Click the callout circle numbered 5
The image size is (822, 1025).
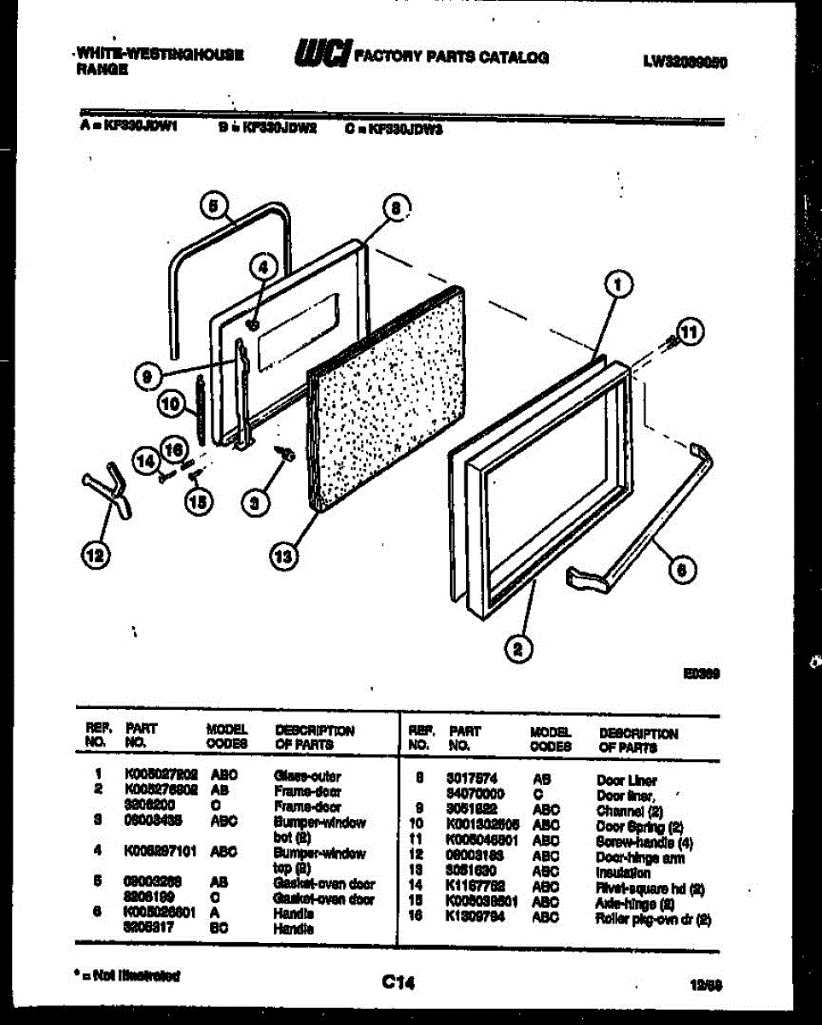coord(213,205)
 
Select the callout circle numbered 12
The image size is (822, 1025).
coord(96,556)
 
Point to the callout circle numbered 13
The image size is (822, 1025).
coord(283,556)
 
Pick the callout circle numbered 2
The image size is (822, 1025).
coord(517,649)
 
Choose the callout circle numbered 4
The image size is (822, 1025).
coord(264,267)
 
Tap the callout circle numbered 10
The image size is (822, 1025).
coord(172,404)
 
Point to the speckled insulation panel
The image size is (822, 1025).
coord(388,397)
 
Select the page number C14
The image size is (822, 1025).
coord(397,984)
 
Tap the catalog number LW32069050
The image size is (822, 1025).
coord(685,61)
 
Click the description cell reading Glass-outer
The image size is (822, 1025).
coord(307,776)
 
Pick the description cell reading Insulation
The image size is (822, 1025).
coord(622,873)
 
